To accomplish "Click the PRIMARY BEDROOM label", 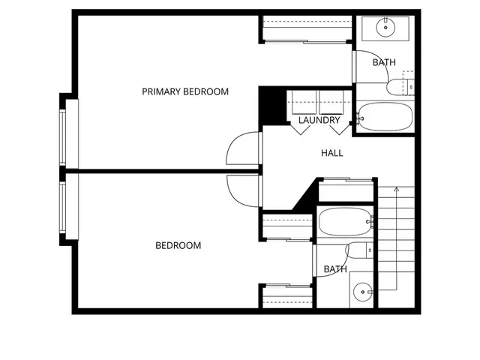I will click(x=185, y=91).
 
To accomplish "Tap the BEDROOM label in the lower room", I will click(x=178, y=245).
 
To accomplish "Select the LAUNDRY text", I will click(x=319, y=120).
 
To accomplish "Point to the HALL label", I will click(x=332, y=153).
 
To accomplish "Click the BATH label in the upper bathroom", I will click(x=384, y=62).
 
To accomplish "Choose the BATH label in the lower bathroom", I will click(x=335, y=269).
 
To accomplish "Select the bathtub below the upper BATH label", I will click(x=385, y=117).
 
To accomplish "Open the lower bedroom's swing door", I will click(x=244, y=192).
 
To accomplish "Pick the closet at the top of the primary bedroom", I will click(x=305, y=29).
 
